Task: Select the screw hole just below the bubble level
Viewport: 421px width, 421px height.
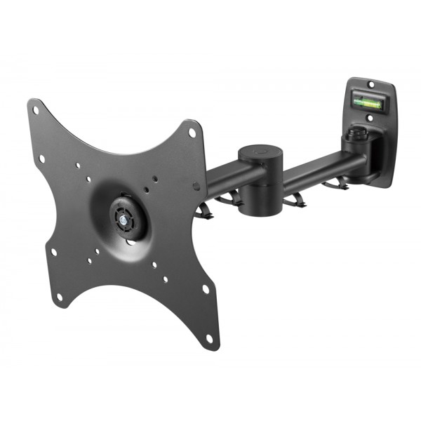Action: click(370, 118)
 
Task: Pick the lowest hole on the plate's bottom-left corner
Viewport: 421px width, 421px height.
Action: click(59, 298)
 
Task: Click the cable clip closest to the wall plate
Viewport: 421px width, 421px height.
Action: click(335, 185)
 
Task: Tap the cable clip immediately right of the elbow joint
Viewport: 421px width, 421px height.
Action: click(293, 200)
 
